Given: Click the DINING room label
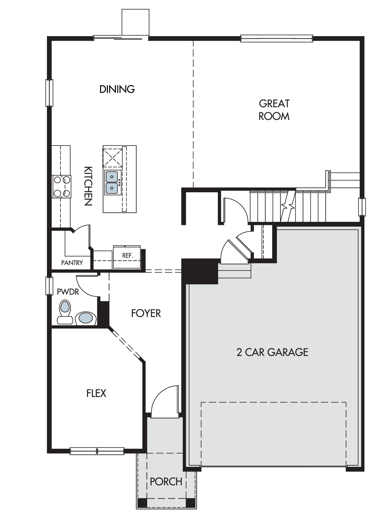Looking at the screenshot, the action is point(117,89).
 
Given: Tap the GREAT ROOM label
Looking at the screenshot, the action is point(274,110).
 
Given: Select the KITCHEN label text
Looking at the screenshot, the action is point(88,186).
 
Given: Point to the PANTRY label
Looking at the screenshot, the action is point(72,263).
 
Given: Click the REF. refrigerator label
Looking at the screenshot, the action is point(128,256).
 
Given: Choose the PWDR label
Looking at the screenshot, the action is point(68,292).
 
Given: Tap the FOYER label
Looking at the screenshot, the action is point(146,313).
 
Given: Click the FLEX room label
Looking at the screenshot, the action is point(96,393).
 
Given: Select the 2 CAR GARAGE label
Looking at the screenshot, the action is point(272,352).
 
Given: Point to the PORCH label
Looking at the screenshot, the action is point(166,482).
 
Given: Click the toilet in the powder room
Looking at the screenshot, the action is point(65,312).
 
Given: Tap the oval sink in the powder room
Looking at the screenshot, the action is point(86,318).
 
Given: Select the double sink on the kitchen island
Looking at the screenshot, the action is point(112,182).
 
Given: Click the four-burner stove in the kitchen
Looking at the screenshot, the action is point(61,187).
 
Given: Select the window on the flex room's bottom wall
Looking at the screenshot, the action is point(97,451).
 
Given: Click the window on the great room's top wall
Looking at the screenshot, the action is point(277,38).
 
